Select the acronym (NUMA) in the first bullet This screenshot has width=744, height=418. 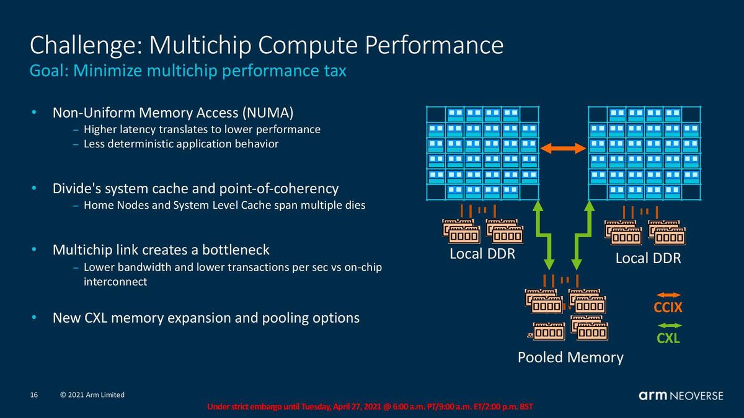coord(268,113)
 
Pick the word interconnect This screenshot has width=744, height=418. coord(115,282)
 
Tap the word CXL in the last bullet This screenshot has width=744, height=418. coord(95,318)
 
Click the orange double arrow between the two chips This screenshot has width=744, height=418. coord(564,148)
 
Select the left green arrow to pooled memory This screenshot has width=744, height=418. coord(543,235)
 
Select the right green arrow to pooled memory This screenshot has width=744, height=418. coord(583,235)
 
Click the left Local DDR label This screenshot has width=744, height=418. coord(482,254)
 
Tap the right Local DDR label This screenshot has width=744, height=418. coord(648,258)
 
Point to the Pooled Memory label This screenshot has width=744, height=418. coord(570,358)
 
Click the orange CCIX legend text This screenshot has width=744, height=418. coord(668,308)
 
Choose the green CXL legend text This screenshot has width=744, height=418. coord(668,338)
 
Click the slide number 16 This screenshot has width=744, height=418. coord(34,395)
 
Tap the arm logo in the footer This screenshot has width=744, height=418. coord(653,396)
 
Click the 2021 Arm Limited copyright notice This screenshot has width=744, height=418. coord(92,395)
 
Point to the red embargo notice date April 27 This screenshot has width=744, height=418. coord(347,407)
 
